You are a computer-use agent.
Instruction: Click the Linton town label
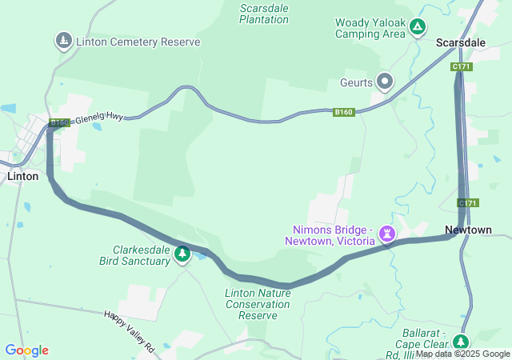pyautogui.click(x=22, y=176)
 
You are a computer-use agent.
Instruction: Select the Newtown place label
pyautogui.click(x=468, y=230)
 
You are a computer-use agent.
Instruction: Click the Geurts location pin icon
pyautogui.click(x=386, y=80)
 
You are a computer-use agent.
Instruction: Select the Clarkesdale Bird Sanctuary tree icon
pyautogui.click(x=182, y=254)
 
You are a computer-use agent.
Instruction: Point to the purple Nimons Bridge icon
pyautogui.click(x=389, y=234)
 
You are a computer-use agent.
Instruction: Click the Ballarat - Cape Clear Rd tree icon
pyautogui.click(x=461, y=342)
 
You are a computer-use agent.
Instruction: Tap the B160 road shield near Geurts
pyautogui.click(x=344, y=112)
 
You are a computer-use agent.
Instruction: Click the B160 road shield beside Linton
pyautogui.click(x=58, y=123)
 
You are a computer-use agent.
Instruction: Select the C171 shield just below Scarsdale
pyautogui.click(x=462, y=67)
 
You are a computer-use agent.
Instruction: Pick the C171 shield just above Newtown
pyautogui.click(x=468, y=203)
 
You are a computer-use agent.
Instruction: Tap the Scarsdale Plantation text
pyautogui.click(x=264, y=13)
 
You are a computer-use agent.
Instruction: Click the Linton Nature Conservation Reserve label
pyautogui.click(x=258, y=304)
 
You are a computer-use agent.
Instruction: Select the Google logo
pyautogui.click(x=26, y=350)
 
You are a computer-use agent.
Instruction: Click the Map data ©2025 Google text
pyautogui.click(x=462, y=354)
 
